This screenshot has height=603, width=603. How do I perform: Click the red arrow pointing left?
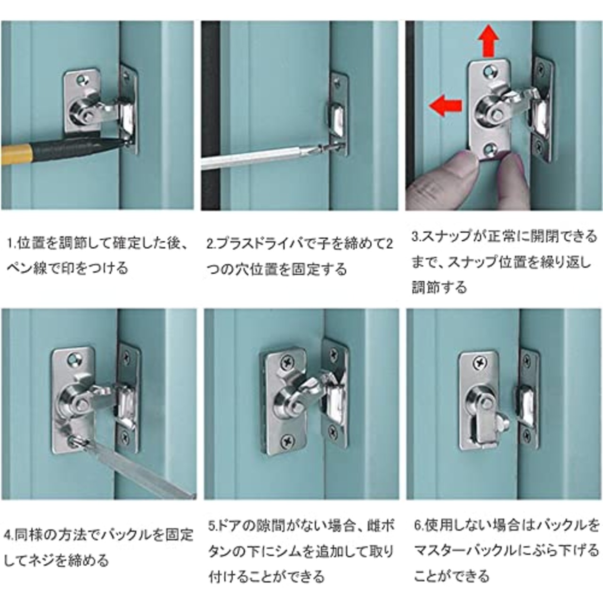446,104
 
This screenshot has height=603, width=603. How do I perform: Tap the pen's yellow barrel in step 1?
14,154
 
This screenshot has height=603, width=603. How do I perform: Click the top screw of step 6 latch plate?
480,363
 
